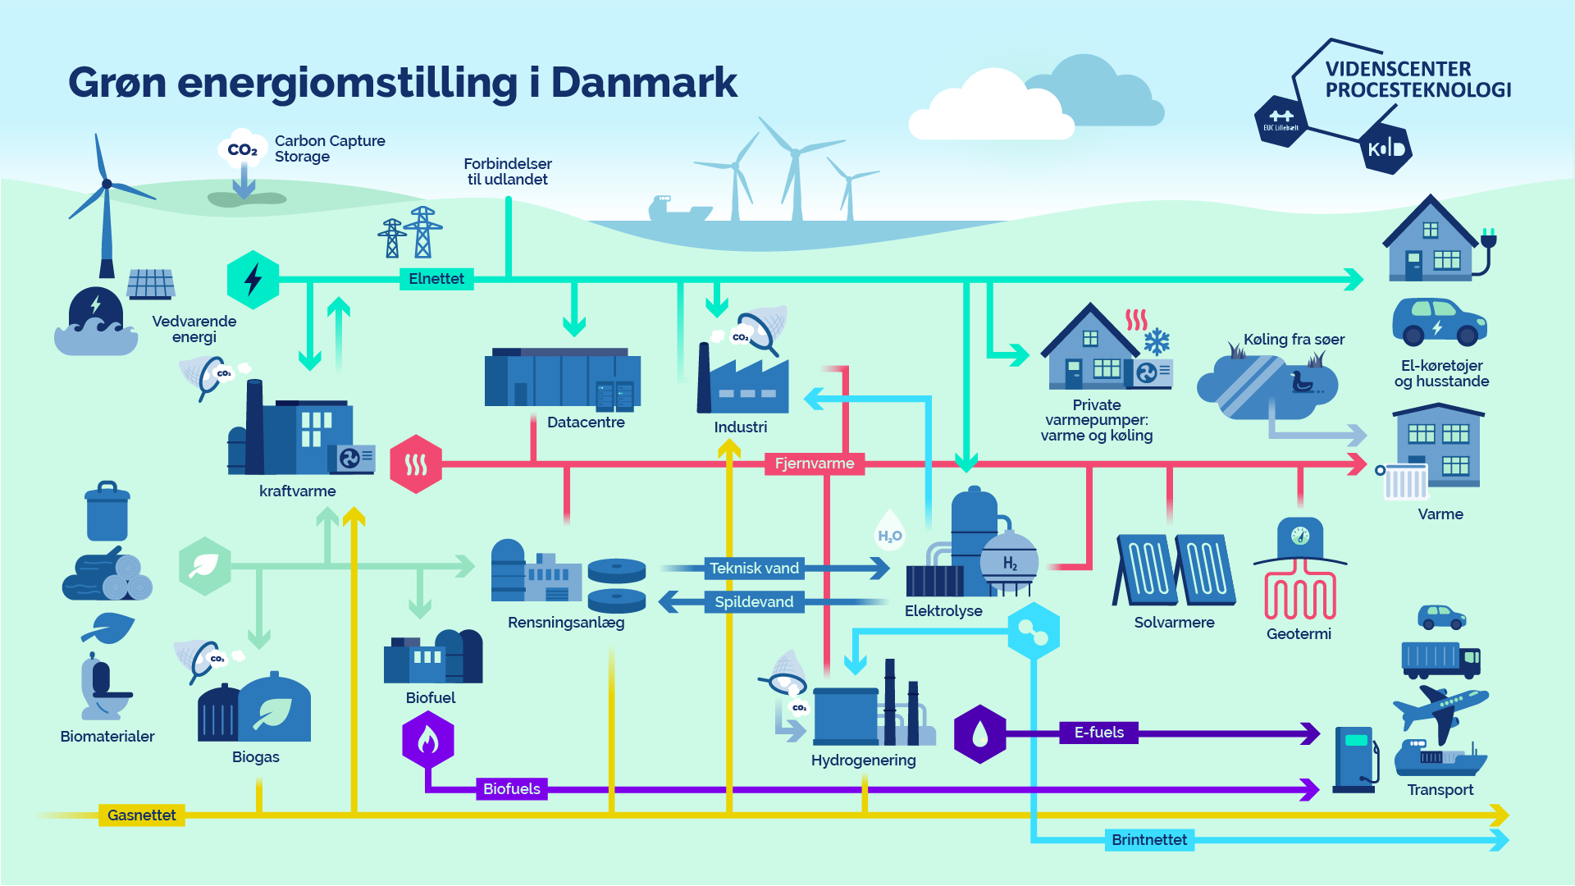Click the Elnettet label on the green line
coord(436,279)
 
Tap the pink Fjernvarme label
coord(815,464)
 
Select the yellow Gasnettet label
coord(141,815)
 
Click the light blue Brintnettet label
coord(1149,840)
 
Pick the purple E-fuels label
coord(1099,733)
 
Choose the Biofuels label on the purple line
coord(512,789)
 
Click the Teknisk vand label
coord(754,569)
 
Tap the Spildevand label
coord(754,602)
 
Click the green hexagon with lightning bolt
coord(253,280)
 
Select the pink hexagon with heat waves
coord(416,464)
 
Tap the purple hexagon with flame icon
coord(428,740)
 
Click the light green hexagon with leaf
coord(205,567)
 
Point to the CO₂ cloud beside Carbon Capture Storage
coord(243,148)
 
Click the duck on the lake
coord(1303,383)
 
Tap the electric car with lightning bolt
coord(1440,322)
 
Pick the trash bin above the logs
coord(107,510)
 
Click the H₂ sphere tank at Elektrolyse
coord(1010,563)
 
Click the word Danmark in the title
coord(644,82)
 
